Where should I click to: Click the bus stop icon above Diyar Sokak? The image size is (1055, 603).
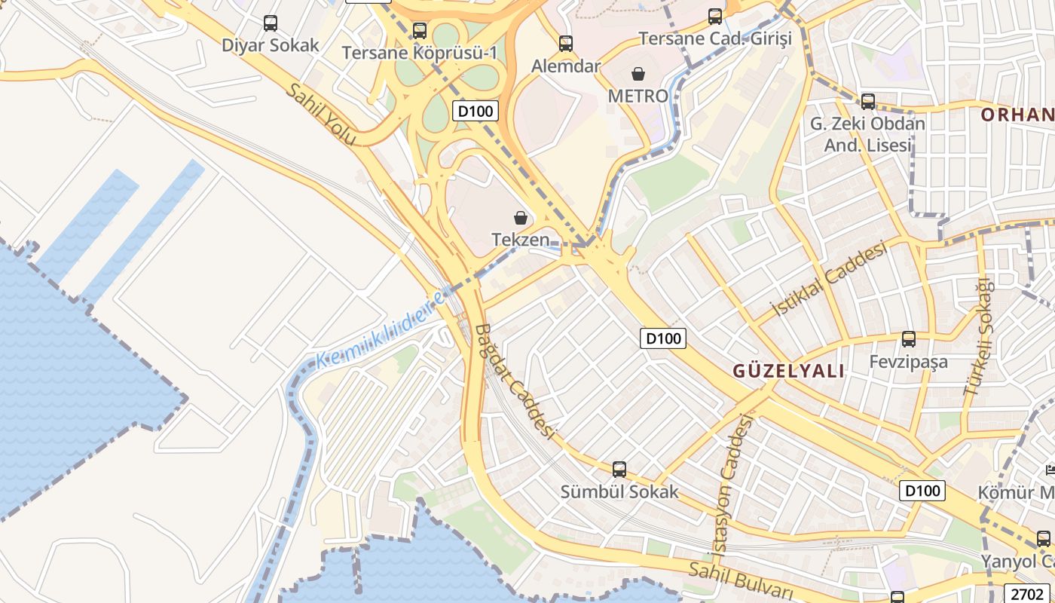click(x=271, y=23)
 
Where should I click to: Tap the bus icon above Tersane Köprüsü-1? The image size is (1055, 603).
click(x=420, y=31)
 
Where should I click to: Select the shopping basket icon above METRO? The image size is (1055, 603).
click(x=638, y=74)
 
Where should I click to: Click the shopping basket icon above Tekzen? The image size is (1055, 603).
click(x=521, y=218)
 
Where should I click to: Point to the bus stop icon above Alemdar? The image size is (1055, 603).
click(x=566, y=44)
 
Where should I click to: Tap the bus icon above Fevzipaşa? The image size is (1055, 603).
click(x=909, y=339)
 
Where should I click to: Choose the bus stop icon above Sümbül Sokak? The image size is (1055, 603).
click(x=619, y=470)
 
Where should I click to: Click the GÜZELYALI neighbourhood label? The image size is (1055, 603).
click(x=789, y=371)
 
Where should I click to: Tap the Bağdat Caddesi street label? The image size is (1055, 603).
click(x=515, y=381)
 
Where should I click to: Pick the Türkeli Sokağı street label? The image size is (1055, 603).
click(x=978, y=337)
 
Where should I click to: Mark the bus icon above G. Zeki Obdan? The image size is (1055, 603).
click(x=868, y=101)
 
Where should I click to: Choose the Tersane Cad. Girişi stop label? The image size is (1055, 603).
click(x=715, y=38)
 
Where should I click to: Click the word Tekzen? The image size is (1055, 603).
click(x=521, y=240)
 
